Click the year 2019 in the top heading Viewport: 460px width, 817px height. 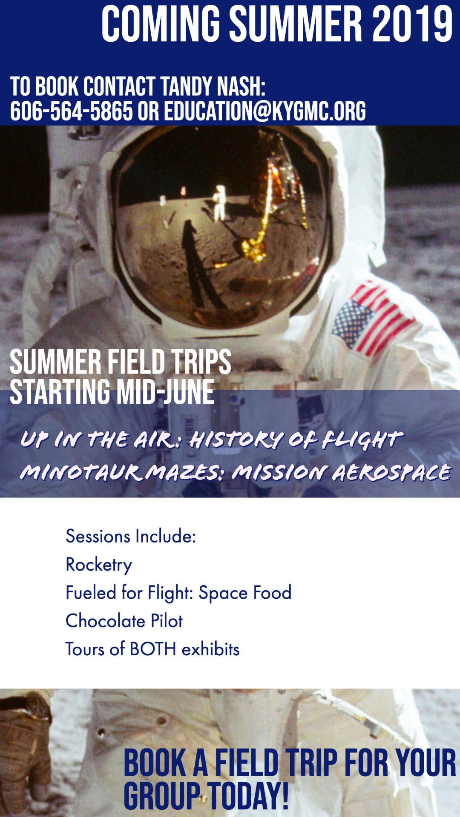click(x=412, y=25)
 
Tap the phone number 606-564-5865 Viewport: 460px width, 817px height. click(x=72, y=111)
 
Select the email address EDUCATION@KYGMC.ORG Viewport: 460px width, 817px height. click(x=265, y=111)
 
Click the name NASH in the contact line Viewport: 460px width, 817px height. click(x=241, y=87)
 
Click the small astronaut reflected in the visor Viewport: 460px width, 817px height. click(x=220, y=202)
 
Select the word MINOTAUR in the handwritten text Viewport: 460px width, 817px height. click(x=81, y=472)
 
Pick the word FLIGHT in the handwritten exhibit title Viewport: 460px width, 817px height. click(x=362, y=440)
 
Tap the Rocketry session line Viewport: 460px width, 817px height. click(x=99, y=565)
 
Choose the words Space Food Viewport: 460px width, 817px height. click(x=245, y=593)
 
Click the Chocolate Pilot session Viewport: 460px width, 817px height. click(x=124, y=621)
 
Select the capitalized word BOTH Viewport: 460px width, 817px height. click(x=153, y=649)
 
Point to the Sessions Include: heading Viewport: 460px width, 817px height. click(x=131, y=536)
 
